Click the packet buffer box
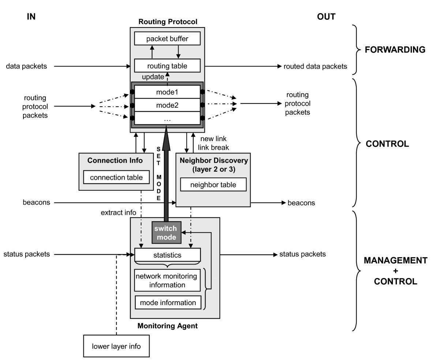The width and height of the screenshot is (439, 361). [167, 38]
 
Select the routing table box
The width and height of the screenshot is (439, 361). [167, 66]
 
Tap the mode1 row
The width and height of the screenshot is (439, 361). [167, 92]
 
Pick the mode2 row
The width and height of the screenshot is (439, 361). [167, 105]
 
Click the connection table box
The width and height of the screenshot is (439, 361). [116, 178]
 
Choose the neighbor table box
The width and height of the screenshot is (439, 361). [213, 185]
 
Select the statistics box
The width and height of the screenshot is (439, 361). [167, 255]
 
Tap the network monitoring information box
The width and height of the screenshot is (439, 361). [166, 280]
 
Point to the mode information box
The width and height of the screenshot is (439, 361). [168, 303]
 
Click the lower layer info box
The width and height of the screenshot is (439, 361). [116, 346]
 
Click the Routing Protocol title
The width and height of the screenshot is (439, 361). [168, 22]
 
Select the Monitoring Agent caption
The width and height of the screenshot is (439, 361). [167, 326]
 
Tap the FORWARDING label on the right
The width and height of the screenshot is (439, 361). [395, 50]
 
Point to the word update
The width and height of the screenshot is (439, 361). [153, 77]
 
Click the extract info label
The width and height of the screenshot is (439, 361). [119, 212]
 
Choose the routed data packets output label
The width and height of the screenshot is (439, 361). [315, 66]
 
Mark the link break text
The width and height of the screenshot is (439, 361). [213, 147]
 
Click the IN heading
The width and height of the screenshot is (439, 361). [31, 17]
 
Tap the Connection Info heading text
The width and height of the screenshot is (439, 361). [115, 160]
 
